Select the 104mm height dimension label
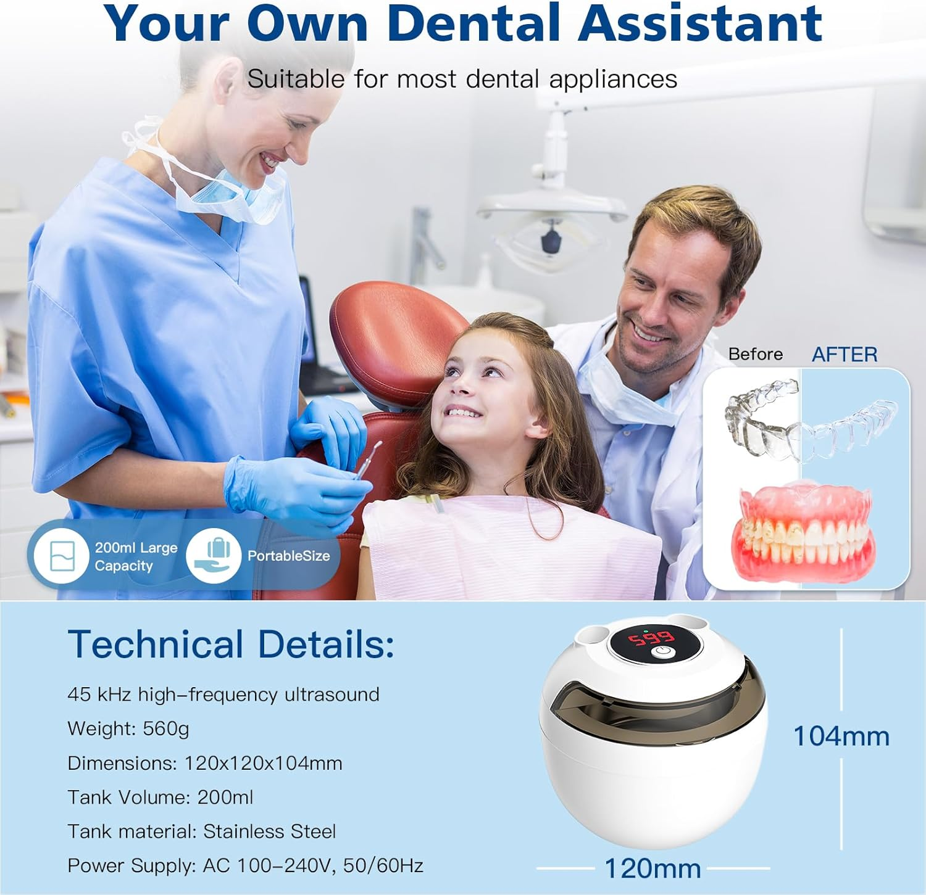point(841,736)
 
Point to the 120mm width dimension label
point(653,868)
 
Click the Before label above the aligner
point(755,354)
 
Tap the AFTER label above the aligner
point(844,355)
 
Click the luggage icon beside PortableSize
point(214,555)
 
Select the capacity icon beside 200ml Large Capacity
point(61,556)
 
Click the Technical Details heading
point(230,645)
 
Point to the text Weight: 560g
point(128,729)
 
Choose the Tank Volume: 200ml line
point(161,798)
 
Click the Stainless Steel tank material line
point(201,831)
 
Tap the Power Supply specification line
point(245,866)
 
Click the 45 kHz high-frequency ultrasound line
point(223,695)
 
